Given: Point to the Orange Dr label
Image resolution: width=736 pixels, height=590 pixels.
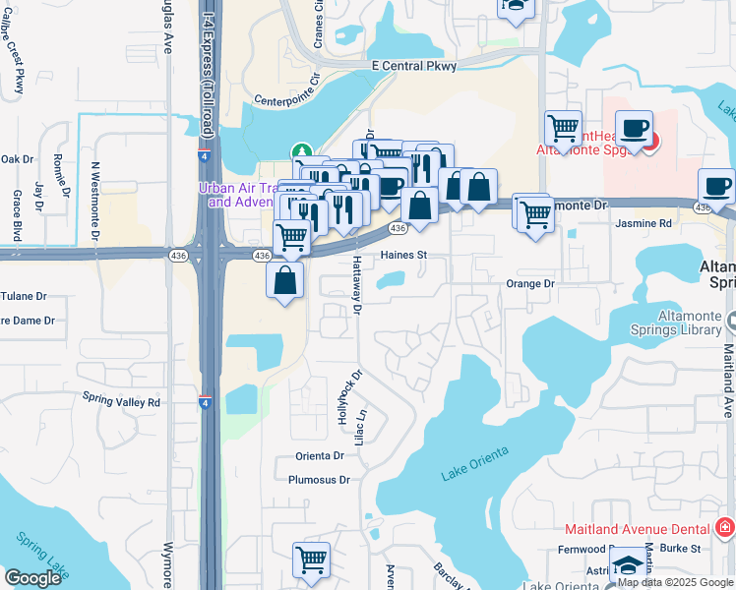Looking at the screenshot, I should pos(530,283).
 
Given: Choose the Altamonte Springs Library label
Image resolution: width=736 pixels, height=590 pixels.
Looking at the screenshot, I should pos(679,323).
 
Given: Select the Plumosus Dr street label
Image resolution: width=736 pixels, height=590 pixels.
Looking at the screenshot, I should pos(319,480).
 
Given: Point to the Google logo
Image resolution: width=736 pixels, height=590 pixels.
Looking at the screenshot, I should pos(32,578).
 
